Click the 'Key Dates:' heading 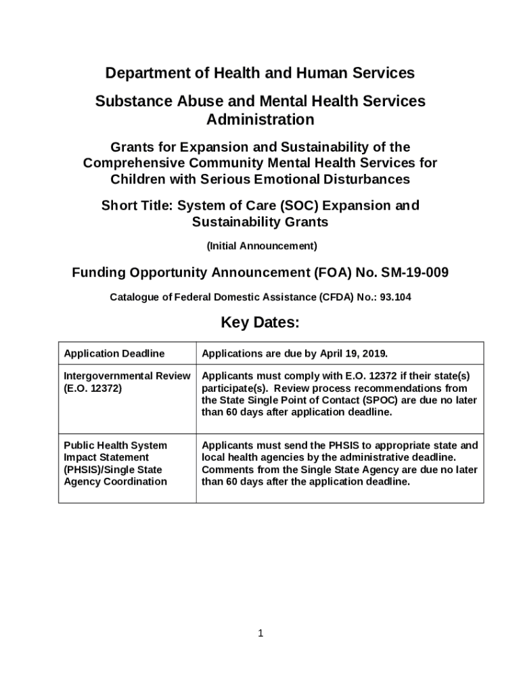click(x=260, y=323)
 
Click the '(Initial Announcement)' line click(x=260, y=245)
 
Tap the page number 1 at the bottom click(x=260, y=633)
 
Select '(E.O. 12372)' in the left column click(x=93, y=388)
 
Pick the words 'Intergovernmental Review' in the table click(x=127, y=376)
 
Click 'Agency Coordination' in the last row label click(x=115, y=481)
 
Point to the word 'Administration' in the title click(x=260, y=120)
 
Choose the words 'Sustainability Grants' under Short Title click(x=260, y=222)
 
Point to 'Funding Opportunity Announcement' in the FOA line click(x=190, y=273)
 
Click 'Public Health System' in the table click(x=115, y=445)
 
